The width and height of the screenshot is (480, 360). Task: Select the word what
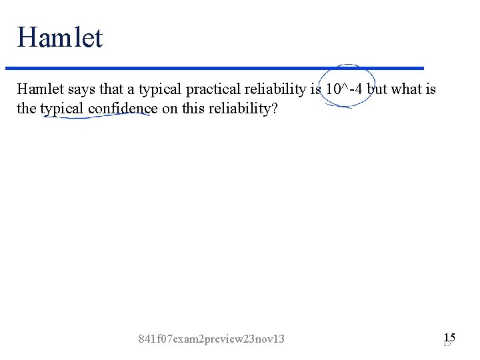[x=406, y=89]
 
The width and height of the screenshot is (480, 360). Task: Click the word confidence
[x=123, y=109]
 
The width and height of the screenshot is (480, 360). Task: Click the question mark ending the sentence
[x=273, y=109]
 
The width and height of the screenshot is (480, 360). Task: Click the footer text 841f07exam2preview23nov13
[x=211, y=339]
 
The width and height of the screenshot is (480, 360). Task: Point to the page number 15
[x=449, y=338]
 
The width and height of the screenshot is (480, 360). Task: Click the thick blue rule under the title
[x=213, y=68]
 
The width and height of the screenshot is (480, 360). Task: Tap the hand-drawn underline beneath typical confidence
[x=97, y=117]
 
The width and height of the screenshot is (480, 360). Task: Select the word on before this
[x=170, y=109]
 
